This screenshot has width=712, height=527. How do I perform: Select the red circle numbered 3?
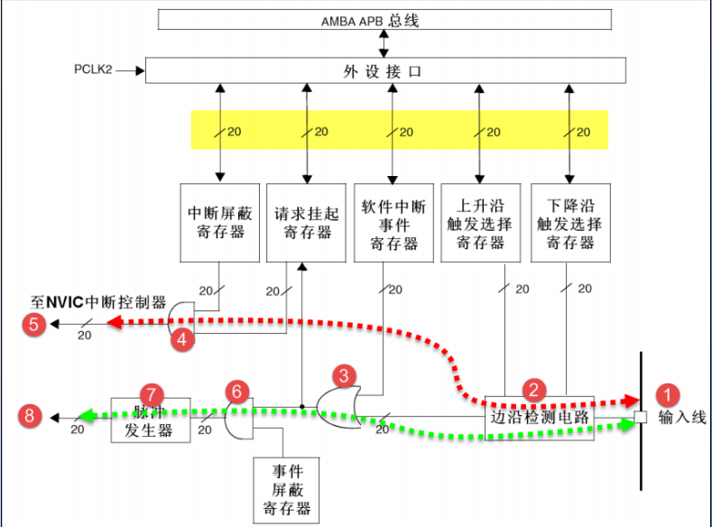click(343, 374)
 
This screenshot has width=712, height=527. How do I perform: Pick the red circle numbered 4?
click(183, 339)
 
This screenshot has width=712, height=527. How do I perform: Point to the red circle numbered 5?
click(34, 325)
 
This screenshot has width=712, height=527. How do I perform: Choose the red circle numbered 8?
click(33, 416)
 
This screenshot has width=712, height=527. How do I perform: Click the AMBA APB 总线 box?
click(384, 20)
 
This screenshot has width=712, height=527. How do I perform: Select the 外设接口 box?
click(384, 69)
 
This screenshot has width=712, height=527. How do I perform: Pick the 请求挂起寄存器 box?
click(308, 223)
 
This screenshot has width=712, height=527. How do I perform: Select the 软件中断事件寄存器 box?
click(393, 223)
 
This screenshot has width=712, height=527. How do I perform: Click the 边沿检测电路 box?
click(539, 417)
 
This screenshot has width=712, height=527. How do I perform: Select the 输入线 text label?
click(679, 417)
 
